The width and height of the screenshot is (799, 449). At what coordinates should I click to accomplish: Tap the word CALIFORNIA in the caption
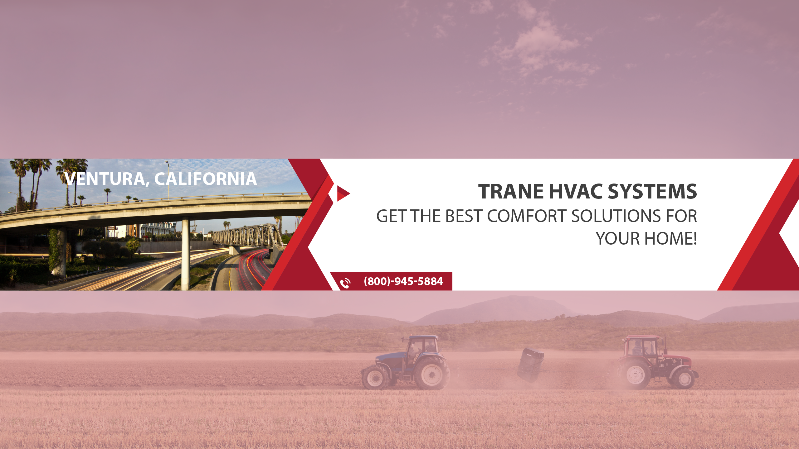point(206,179)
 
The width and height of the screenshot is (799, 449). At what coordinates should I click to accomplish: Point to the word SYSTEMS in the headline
point(652,191)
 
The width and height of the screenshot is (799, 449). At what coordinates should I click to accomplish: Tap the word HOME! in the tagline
point(671,239)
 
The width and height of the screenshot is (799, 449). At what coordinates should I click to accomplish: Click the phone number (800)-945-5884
point(403,281)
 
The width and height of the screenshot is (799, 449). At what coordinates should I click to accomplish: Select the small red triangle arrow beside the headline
point(343,193)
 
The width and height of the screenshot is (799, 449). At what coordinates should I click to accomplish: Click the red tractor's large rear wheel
point(635,373)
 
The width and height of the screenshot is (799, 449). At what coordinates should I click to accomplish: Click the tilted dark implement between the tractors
point(530,365)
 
